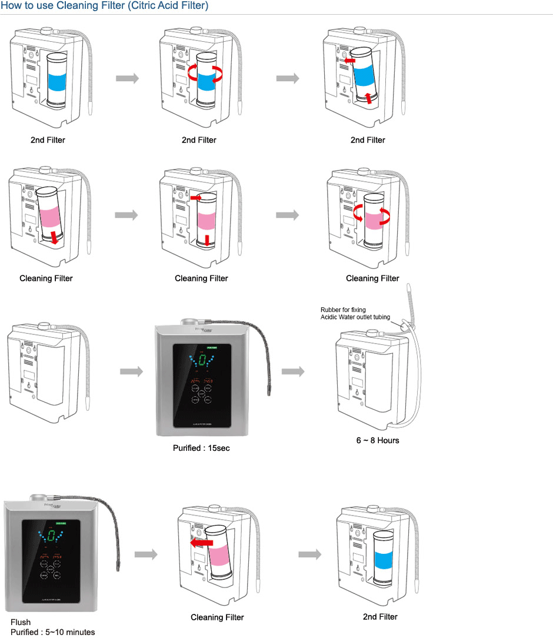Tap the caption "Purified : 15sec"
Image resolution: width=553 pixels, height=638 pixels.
click(201, 448)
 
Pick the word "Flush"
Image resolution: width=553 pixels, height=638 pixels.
click(21, 622)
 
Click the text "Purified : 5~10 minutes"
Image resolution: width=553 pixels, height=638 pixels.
click(52, 632)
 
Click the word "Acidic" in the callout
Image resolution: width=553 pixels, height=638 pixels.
click(331, 317)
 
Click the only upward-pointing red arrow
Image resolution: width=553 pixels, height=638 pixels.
click(368, 97)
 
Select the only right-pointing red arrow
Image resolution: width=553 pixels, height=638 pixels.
click(198, 199)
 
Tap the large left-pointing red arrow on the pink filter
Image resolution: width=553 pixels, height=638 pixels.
click(201, 541)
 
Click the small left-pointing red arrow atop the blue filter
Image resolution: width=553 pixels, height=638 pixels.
click(350, 61)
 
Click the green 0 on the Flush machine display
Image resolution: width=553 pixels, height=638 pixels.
click(51, 535)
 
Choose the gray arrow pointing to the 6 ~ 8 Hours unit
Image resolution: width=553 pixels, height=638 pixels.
click(293, 371)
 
